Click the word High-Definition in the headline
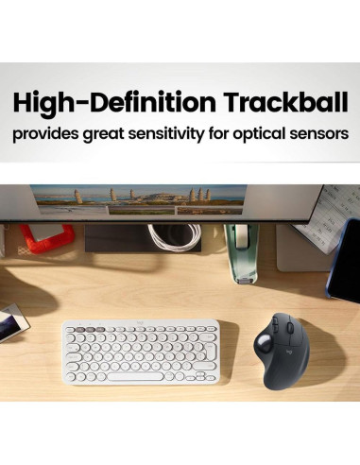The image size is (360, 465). [113, 101]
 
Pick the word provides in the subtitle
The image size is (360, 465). [43, 133]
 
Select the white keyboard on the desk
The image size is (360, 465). [140, 351]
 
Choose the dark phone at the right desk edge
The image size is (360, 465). [344, 260]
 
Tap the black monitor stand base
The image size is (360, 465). [142, 239]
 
